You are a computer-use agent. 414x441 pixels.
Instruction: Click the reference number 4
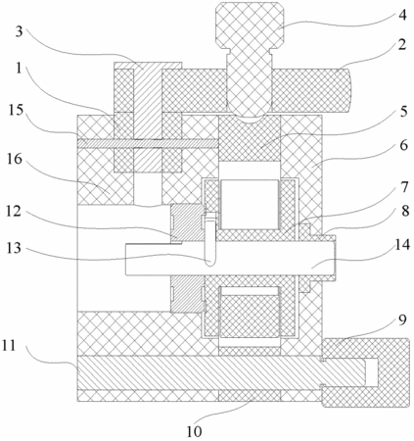403,15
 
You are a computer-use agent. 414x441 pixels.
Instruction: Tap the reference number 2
403,44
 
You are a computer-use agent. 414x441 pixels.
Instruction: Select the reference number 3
20,31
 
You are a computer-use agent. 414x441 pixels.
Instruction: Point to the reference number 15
16,110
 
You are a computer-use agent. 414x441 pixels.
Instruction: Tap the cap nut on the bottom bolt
366,372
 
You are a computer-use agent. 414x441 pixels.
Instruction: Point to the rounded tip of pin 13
210,263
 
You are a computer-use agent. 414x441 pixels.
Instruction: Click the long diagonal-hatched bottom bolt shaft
221,372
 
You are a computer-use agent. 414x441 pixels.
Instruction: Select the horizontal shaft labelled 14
230,259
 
